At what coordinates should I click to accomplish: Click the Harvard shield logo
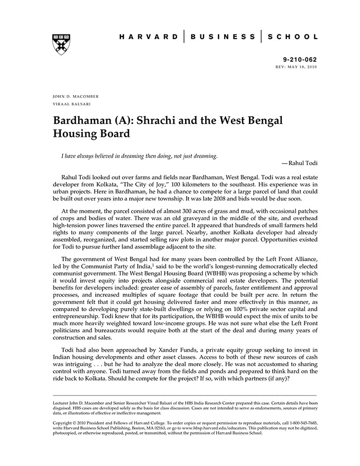[x=61, y=45]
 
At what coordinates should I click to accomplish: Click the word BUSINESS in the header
[x=222, y=37]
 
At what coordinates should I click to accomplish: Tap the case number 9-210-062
[x=300, y=60]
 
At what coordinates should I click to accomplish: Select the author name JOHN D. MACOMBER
[x=76, y=96]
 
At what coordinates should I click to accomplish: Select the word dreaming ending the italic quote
[x=205, y=155]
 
